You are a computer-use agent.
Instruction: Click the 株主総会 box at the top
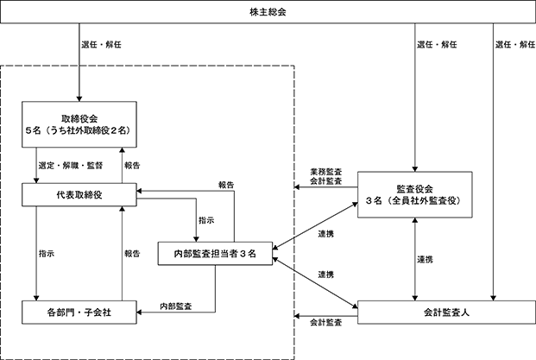click(268, 12)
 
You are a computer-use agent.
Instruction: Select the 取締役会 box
click(79, 124)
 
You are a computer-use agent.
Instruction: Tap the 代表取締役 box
click(79, 195)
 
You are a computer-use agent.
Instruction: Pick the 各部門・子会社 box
click(79, 313)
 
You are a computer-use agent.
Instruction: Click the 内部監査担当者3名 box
click(216, 253)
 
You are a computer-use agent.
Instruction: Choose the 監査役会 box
click(414, 194)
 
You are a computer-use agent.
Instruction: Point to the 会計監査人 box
click(446, 313)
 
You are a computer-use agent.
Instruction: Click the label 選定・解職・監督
click(71, 166)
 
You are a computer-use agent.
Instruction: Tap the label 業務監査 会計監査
click(325, 176)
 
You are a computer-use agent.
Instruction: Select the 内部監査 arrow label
click(176, 306)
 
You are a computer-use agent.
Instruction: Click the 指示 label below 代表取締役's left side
click(47, 254)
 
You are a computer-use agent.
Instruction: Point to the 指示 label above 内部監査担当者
click(206, 220)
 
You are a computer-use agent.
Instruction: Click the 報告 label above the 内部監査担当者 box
click(226, 185)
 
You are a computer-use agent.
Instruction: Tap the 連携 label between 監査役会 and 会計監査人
click(425, 260)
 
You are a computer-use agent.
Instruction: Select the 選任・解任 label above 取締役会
click(101, 44)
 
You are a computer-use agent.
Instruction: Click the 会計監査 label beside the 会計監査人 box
click(325, 322)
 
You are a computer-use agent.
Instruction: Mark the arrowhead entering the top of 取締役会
click(79, 98)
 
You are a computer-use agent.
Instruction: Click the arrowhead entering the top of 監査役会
click(414, 169)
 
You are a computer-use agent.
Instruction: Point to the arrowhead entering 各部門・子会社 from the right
click(139, 313)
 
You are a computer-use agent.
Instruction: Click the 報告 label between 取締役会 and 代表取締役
click(132, 166)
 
